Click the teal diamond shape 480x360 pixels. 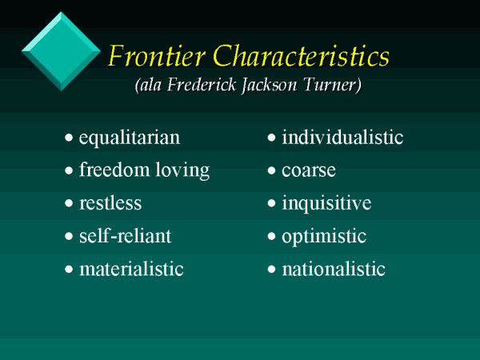(x=61, y=51)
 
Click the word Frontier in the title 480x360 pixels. (x=157, y=56)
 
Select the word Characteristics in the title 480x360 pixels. (x=301, y=55)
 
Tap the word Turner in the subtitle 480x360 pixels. (x=330, y=85)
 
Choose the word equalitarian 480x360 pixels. (x=130, y=138)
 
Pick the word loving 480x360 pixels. (x=182, y=170)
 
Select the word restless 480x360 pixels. (x=110, y=203)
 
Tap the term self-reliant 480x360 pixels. (x=126, y=235)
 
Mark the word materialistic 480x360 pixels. (x=131, y=269)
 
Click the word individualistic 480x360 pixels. (x=342, y=137)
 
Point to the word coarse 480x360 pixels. (x=309, y=171)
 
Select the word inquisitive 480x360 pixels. (x=326, y=203)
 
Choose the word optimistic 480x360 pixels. (x=324, y=237)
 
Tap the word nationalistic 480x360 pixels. (x=334, y=269)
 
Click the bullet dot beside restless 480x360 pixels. (x=69, y=203)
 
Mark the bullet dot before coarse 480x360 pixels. (x=271, y=170)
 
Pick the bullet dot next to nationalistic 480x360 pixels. (x=271, y=269)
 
